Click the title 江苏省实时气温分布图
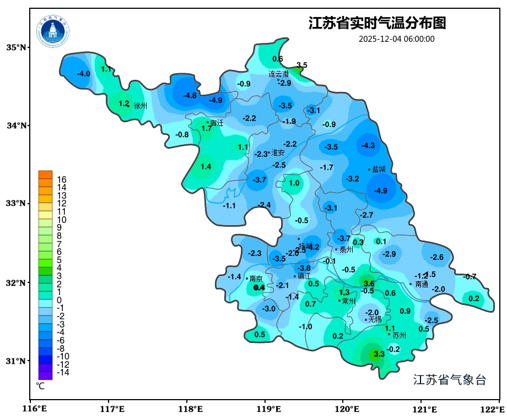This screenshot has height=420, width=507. [377, 23]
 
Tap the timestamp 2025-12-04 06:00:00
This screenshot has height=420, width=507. [396, 39]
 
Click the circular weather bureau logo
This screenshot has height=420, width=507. [53, 31]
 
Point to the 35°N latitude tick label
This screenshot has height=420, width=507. [16, 47]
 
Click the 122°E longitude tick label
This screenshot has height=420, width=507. [493, 410]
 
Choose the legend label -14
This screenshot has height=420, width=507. [63, 372]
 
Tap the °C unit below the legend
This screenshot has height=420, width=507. [40, 386]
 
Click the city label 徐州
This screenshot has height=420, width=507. [141, 106]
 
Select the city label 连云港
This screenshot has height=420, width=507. [278, 74]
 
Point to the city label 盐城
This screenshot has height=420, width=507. [379, 170]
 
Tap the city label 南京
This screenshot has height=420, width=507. [256, 279]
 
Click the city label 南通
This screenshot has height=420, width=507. [422, 285]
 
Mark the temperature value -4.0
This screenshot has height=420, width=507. [83, 74]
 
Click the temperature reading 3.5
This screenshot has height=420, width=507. [302, 65]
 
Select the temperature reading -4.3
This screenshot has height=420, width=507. [368, 145]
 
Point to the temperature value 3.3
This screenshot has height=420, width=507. [379, 354]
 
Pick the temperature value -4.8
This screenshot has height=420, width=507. [190, 95]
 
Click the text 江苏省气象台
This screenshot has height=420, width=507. [449, 380]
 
